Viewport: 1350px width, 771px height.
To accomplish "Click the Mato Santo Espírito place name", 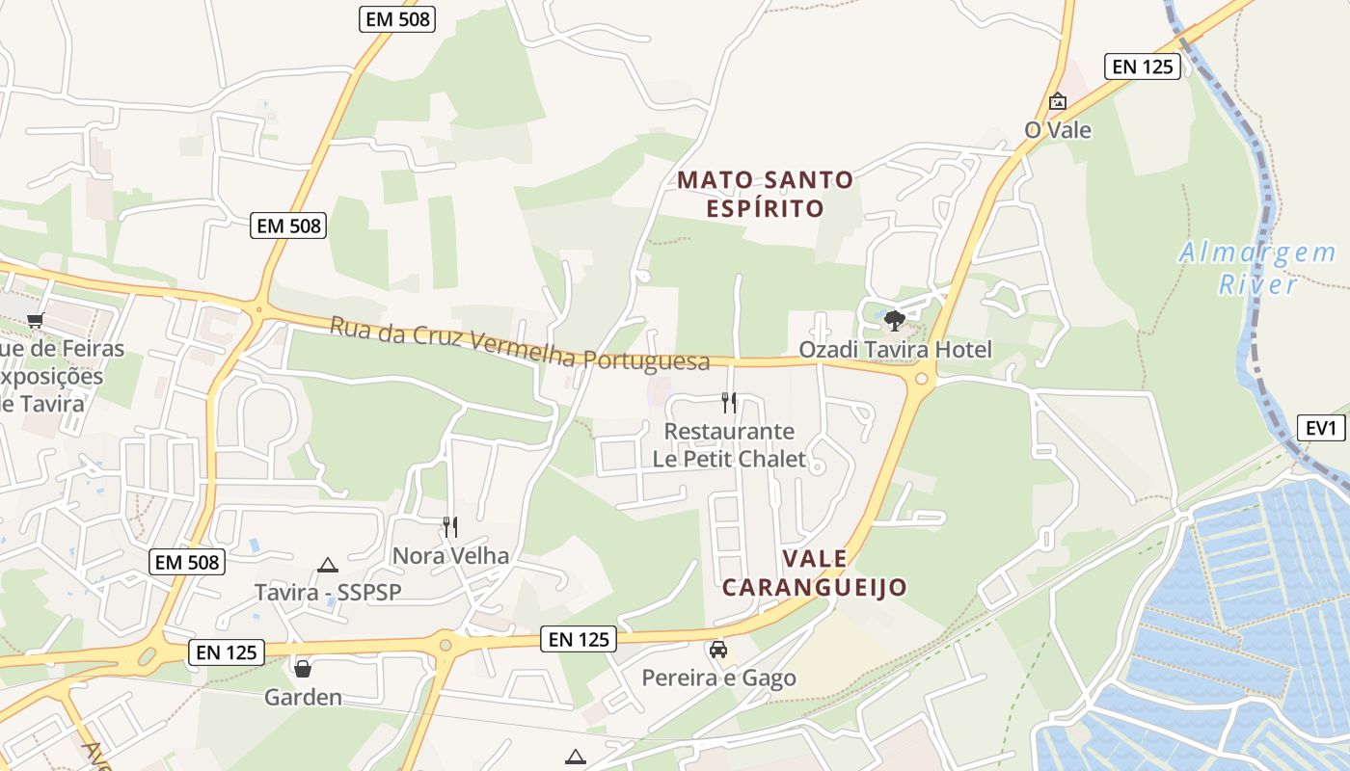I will point(766,194).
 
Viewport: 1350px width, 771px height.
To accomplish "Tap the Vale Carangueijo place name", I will point(815,572).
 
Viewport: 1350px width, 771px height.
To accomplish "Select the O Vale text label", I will point(1058,130).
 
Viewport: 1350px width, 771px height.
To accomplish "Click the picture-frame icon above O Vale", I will point(1058,101).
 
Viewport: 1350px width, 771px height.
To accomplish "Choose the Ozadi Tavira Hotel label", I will point(895,349).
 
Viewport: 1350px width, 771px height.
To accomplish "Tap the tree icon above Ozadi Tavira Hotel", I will point(895,320).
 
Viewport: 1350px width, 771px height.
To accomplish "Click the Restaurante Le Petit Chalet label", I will point(729,444).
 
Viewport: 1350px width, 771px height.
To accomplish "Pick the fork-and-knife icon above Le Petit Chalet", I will point(729,402).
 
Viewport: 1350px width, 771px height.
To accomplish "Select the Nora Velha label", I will point(449,555).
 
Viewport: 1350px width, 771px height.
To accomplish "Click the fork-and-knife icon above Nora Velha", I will point(449,526).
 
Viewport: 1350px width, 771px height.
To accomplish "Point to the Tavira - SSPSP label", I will point(328,592).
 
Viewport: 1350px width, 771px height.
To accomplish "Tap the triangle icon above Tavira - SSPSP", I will point(328,565).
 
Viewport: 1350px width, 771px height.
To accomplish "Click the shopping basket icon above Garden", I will point(303,668).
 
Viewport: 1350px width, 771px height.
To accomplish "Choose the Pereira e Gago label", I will point(719,678).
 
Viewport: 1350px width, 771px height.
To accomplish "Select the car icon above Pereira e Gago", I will point(718,650).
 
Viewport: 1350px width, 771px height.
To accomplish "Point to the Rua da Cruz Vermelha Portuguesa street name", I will point(520,344).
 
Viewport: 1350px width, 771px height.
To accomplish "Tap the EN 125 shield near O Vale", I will point(1143,66).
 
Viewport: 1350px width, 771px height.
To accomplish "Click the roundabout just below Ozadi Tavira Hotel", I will point(921,378).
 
